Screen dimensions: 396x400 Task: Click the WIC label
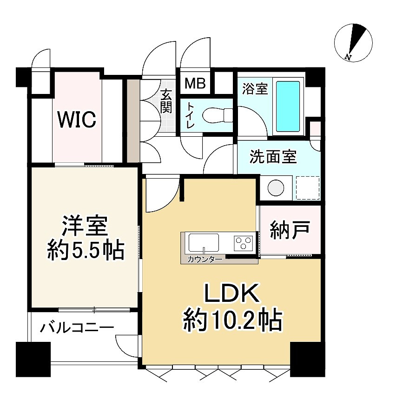click(77, 119)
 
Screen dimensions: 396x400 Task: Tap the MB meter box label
click(195, 83)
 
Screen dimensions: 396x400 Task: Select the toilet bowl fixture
click(217, 115)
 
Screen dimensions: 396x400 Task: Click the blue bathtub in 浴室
click(288, 106)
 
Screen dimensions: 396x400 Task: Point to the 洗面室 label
click(273, 156)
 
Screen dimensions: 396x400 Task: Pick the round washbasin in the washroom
click(276, 188)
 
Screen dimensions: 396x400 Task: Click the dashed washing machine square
click(308, 188)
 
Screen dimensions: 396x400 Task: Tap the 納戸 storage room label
click(290, 230)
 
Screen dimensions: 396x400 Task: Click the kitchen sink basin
click(204, 243)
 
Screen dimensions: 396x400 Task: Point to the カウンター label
click(205, 260)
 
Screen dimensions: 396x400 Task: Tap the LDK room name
click(231, 293)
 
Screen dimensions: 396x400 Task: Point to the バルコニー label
click(77, 327)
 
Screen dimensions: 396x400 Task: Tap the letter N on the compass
click(348, 57)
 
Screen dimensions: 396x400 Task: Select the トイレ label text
click(191, 115)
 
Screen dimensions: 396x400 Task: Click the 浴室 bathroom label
click(255, 89)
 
